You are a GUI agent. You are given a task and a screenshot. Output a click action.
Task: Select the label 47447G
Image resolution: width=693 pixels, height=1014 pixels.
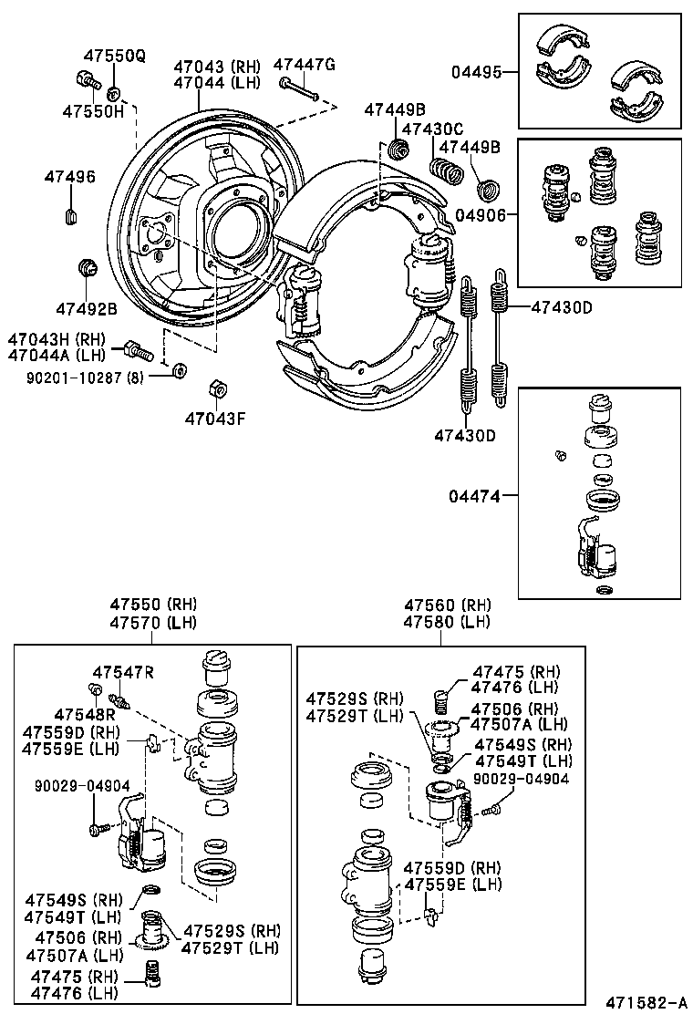point(305,64)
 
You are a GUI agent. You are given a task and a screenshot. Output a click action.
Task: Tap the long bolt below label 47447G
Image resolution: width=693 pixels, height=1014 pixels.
point(298,89)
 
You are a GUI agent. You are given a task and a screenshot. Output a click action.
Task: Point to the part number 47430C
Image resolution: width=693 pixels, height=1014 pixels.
point(432,129)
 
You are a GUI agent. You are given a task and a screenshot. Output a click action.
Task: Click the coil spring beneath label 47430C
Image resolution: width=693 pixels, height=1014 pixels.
point(447,171)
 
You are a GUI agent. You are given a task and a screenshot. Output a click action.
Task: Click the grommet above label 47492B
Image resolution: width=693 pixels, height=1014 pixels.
point(88,268)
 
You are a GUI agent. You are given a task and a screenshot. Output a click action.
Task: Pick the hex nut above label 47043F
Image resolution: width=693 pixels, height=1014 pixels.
point(217,388)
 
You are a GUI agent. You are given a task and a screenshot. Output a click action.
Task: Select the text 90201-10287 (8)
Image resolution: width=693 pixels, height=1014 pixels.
point(84,375)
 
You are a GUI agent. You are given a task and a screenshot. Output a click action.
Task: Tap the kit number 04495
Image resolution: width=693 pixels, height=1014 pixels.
point(478,72)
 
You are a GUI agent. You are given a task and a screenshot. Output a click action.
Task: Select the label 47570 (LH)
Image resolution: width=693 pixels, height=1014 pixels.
point(153,623)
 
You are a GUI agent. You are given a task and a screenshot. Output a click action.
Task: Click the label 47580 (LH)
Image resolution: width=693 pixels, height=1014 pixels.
point(447,623)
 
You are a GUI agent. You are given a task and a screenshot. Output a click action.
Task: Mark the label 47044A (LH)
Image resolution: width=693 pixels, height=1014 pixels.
point(57,355)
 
